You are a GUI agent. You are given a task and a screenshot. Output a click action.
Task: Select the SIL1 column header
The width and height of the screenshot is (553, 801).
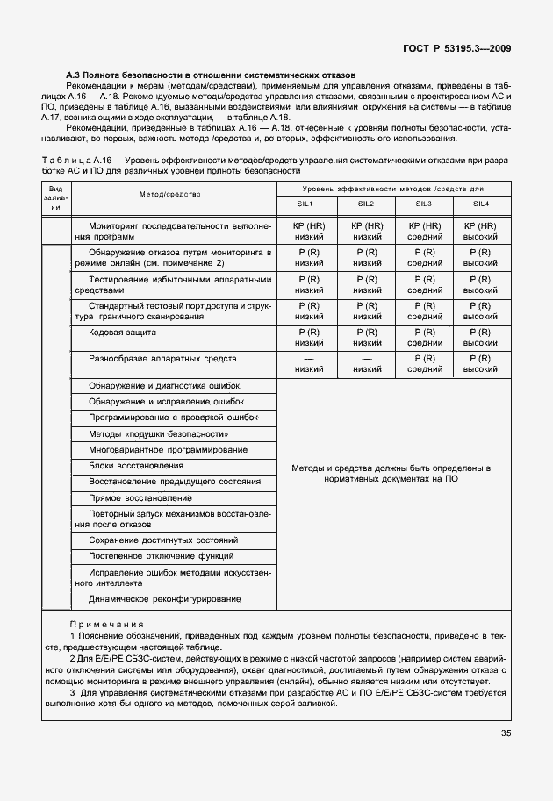pos(309,204)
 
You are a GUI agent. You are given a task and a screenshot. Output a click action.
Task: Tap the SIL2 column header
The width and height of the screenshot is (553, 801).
pos(366,204)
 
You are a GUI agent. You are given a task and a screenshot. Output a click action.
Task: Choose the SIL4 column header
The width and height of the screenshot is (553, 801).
pos(480,204)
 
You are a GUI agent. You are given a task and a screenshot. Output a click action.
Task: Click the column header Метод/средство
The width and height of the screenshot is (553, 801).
pos(169,194)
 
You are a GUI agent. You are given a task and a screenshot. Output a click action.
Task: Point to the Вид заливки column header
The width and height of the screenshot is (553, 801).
pos(55,197)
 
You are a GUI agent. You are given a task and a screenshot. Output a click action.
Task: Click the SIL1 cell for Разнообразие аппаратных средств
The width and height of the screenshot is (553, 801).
pos(309,364)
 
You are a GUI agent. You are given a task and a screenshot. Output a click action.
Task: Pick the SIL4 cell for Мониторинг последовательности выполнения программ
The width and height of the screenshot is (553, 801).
pos(480,231)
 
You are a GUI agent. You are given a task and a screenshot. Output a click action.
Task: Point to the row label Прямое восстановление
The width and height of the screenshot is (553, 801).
pos(134,497)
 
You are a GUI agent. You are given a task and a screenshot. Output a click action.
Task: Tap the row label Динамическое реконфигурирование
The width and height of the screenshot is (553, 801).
pos(164,598)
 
